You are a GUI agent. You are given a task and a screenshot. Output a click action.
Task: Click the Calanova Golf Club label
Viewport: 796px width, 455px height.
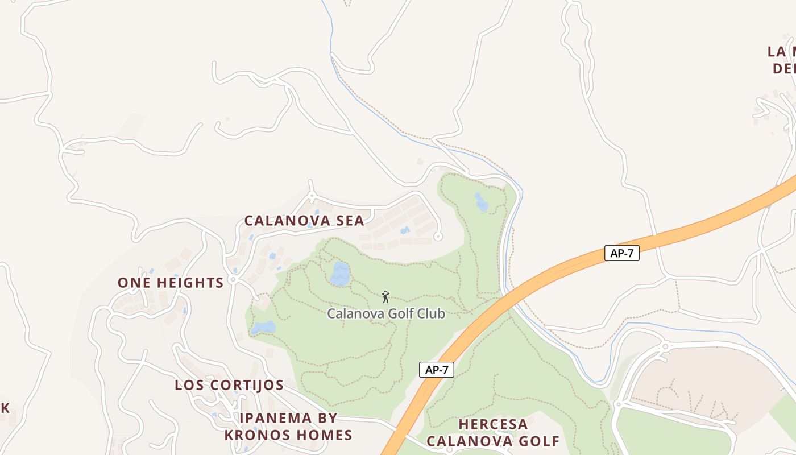386,313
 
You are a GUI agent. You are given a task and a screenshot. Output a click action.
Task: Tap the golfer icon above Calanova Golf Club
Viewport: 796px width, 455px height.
386,297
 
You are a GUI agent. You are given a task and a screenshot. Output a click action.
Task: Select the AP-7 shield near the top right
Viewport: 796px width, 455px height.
621,253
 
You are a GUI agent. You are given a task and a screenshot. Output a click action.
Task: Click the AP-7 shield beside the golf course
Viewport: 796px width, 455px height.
437,370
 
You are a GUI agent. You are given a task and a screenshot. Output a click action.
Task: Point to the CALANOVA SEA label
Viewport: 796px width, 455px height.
304,221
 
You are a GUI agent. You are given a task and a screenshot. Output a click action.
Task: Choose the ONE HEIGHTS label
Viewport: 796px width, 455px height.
171,283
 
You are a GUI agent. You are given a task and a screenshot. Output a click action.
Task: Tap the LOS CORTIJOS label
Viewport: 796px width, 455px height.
229,385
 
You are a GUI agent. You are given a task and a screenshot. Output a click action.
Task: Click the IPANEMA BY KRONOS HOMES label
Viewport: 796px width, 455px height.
288,427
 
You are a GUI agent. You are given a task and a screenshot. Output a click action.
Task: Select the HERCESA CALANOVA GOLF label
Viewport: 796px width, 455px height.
493,433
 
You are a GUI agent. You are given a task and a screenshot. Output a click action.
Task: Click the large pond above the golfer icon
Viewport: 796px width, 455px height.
340,274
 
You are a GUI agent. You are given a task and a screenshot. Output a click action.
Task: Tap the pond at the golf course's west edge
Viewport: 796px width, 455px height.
263,328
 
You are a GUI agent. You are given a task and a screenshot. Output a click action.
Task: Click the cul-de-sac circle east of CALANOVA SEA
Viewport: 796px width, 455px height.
437,237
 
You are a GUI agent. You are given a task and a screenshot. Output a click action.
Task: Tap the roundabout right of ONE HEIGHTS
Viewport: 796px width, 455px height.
233,280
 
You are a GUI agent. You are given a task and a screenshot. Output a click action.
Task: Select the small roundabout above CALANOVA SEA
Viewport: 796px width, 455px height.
311,196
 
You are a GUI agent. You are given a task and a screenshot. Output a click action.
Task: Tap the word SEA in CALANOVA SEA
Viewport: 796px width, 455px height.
350,221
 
